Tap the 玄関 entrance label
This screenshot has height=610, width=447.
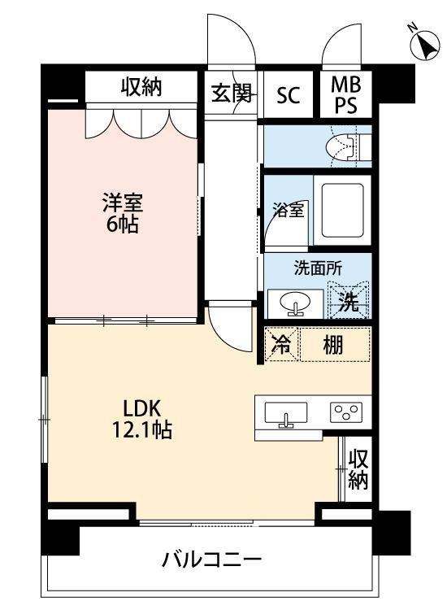click(231, 94)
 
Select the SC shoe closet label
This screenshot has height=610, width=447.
click(288, 94)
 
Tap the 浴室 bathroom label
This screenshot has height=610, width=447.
click(287, 210)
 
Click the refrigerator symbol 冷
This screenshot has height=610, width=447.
click(280, 345)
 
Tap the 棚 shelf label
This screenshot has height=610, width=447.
click(333, 345)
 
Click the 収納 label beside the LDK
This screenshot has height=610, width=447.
click(358, 469)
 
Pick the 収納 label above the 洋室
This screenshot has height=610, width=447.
click(142, 87)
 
